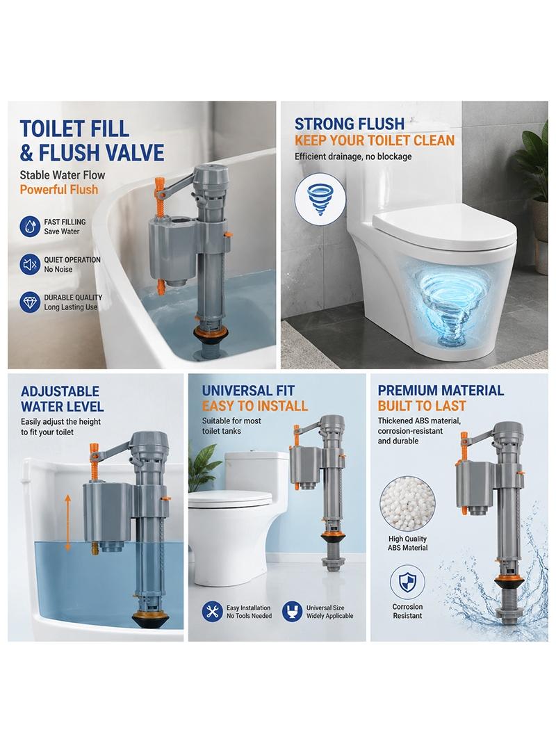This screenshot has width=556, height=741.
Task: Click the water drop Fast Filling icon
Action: [x=30, y=227]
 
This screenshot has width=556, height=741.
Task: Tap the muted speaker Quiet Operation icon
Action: [x=30, y=264]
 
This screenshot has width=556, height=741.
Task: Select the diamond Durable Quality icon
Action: [x=30, y=302]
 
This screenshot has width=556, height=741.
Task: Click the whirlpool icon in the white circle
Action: [x=316, y=200]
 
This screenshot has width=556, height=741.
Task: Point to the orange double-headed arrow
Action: [x=67, y=523]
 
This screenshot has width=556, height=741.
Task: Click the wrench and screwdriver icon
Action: [x=212, y=612]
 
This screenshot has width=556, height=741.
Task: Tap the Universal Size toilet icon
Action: [x=293, y=612]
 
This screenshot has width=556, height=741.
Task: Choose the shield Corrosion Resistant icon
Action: [x=407, y=583]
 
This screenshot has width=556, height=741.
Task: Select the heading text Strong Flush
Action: [x=350, y=124]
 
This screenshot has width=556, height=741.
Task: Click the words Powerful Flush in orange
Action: [x=59, y=190]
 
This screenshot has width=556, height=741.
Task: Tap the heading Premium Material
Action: [x=441, y=391]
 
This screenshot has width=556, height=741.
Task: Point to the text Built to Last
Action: [x=422, y=406]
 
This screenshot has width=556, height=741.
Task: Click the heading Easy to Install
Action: [x=255, y=406]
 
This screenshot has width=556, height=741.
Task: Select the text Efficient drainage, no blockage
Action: [x=353, y=156]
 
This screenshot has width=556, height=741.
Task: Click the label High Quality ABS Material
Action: [x=408, y=544]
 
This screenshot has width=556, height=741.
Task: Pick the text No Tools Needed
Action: [x=249, y=617]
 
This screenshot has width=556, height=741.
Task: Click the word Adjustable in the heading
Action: [x=60, y=391]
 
